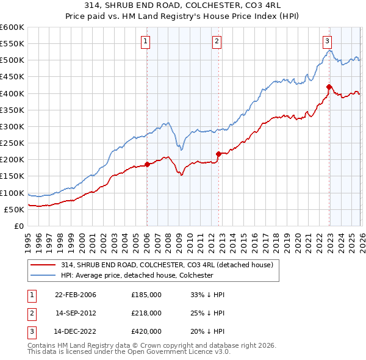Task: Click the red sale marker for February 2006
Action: pos(147,164)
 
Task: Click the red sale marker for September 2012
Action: pos(218,153)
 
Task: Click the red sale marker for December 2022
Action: pos(329,86)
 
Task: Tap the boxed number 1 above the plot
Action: pos(146,41)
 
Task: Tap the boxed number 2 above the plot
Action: pos(217,41)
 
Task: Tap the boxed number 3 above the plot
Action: pos(328,41)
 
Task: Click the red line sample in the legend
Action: pos(44,264)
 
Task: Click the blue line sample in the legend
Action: pos(44,275)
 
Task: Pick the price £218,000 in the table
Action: pos(146,313)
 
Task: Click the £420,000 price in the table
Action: pos(146,332)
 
